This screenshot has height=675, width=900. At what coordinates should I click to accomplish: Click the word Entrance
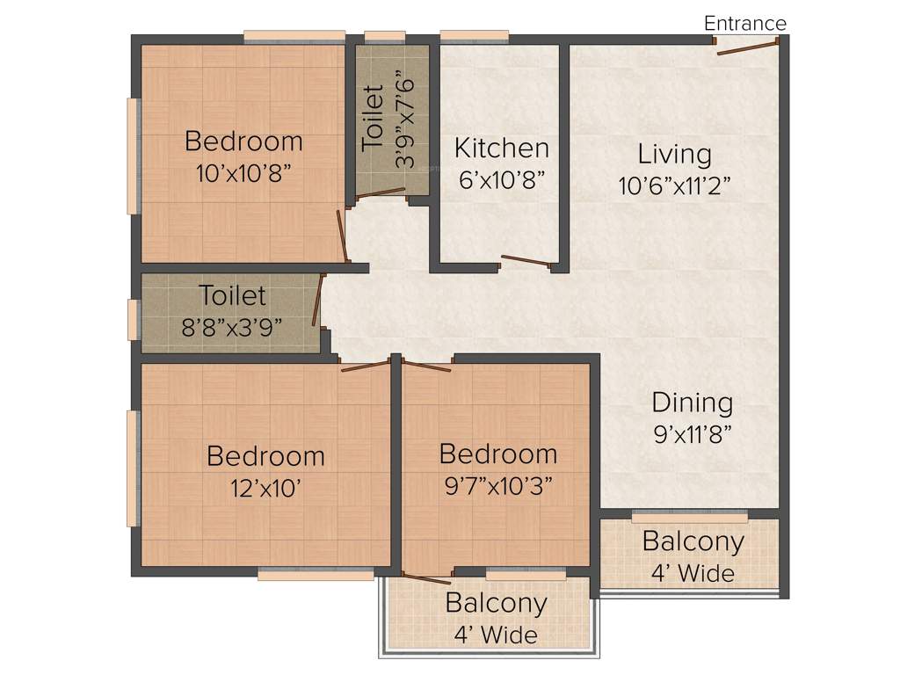745,23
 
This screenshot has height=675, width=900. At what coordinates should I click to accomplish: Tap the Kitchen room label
501,148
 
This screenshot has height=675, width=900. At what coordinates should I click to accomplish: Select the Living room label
674,154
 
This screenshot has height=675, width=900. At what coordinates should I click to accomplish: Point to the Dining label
692,403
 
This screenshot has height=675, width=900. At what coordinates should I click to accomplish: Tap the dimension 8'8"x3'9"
232,327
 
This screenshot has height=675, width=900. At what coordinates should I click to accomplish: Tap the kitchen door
526,259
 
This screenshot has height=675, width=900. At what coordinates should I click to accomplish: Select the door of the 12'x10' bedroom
365,365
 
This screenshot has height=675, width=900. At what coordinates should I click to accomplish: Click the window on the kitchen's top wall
474,37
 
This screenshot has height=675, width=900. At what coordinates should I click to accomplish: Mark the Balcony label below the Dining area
693,541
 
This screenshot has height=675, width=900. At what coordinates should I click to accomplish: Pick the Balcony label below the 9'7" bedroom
496,604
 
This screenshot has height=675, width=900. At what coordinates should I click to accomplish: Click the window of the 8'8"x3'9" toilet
133,319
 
